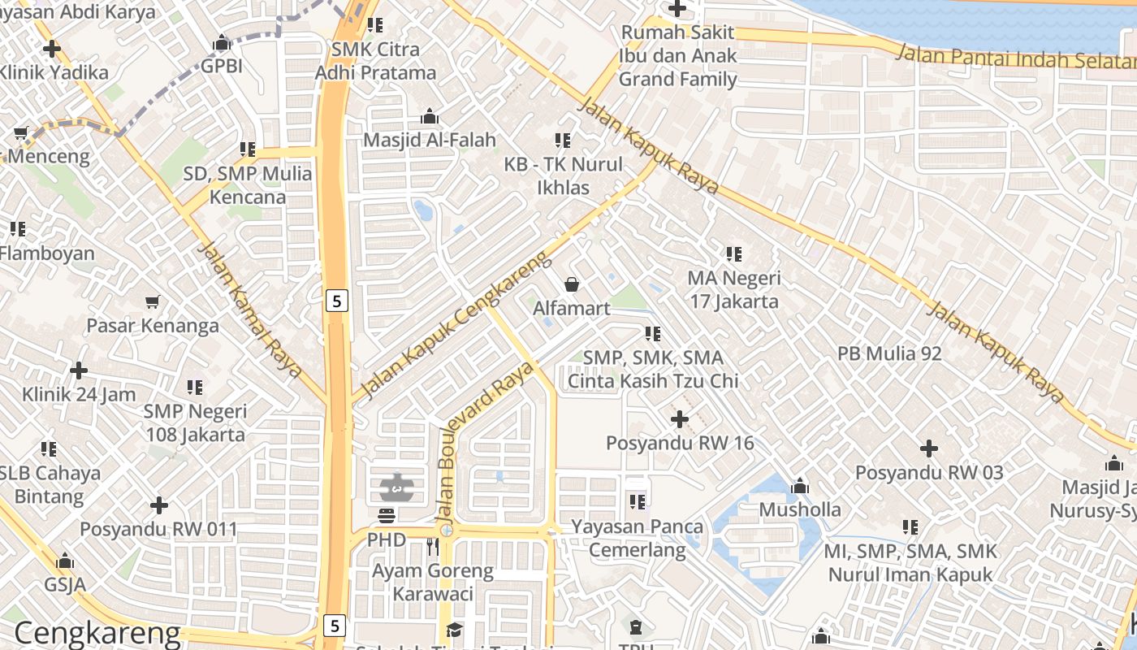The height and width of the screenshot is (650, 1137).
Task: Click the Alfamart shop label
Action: (x=571, y=309)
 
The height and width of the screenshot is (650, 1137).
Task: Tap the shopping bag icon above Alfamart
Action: (x=572, y=284)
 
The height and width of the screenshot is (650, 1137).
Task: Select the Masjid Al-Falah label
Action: (x=429, y=140)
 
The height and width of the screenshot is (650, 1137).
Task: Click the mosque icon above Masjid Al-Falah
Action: (x=430, y=117)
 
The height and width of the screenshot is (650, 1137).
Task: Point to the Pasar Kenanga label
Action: (x=153, y=326)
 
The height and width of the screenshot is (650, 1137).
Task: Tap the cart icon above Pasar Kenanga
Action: (x=152, y=302)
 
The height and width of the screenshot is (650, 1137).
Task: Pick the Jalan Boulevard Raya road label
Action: (x=484, y=441)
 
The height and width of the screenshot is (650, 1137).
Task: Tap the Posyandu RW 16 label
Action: (x=680, y=444)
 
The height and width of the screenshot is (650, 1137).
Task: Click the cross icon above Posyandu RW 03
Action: (x=929, y=448)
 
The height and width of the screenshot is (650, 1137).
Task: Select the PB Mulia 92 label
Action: (x=889, y=353)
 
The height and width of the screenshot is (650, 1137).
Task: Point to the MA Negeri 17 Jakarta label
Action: (x=733, y=290)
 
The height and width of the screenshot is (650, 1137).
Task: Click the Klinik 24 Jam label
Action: (x=79, y=395)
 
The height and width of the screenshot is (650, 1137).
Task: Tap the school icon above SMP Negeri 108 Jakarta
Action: (x=195, y=388)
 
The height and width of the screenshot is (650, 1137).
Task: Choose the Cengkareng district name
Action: (x=97, y=633)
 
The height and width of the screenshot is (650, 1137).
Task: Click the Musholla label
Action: (x=800, y=509)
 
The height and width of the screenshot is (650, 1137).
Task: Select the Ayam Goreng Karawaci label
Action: (x=432, y=582)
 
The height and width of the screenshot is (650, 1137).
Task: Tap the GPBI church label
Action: (x=221, y=66)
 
